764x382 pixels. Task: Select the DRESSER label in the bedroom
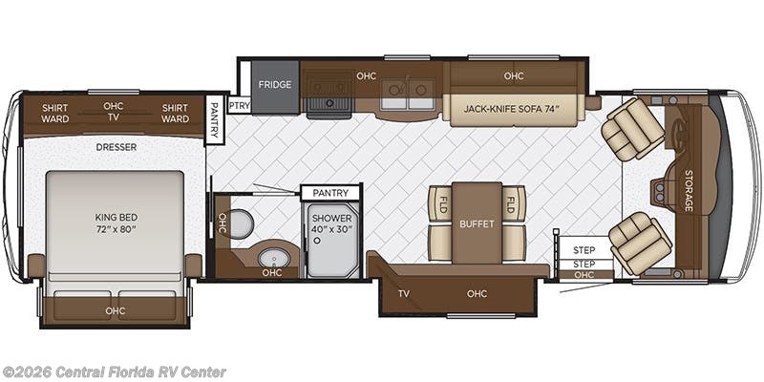point(116,147)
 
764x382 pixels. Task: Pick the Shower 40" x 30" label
point(331,224)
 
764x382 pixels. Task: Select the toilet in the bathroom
point(242,224)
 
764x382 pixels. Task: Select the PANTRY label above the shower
point(330,193)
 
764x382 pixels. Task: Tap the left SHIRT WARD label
point(54,114)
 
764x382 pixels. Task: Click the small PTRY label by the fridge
point(239,105)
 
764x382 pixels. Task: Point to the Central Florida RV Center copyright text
point(114,371)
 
